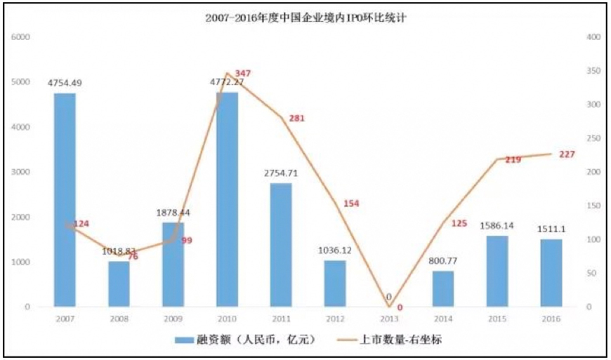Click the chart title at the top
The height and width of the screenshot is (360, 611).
(305, 19)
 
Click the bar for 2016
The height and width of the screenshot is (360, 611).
(551, 273)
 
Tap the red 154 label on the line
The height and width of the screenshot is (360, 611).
(352, 204)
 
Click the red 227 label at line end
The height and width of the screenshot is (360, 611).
(567, 154)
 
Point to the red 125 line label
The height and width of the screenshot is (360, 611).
(458, 223)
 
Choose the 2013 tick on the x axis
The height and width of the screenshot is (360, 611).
(389, 318)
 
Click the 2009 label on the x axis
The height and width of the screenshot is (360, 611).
(173, 318)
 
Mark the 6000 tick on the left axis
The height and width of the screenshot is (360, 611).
(22, 36)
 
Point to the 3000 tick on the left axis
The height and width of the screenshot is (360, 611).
(22, 172)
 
